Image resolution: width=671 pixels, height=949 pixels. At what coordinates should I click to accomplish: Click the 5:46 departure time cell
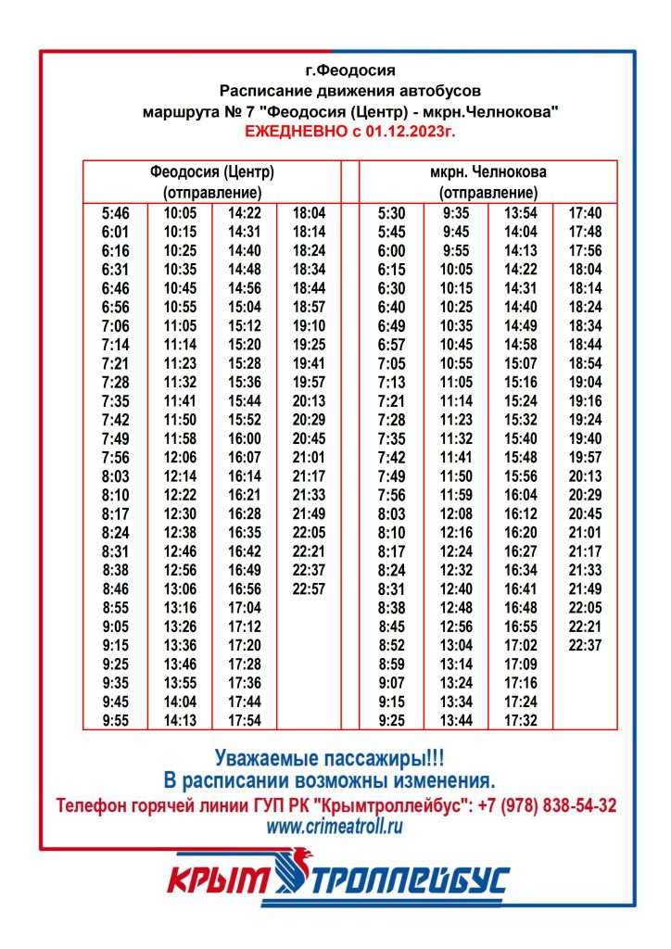click(x=115, y=213)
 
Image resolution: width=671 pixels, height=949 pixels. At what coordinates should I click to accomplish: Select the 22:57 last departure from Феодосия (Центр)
click(x=309, y=588)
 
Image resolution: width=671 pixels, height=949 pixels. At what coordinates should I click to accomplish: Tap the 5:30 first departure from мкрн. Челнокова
click(x=391, y=213)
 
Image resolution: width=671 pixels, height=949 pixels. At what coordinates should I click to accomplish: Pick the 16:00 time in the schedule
click(x=244, y=438)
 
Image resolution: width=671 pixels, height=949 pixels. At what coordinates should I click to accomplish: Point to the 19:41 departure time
click(x=309, y=363)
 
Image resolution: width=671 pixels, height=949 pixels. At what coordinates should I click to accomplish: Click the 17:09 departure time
click(x=521, y=664)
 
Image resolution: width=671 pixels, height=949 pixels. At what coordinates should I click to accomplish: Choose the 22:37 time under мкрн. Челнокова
click(x=585, y=645)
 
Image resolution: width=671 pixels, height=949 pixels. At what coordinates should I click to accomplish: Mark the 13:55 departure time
click(x=180, y=682)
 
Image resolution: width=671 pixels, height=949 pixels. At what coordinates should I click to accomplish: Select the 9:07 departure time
click(x=391, y=682)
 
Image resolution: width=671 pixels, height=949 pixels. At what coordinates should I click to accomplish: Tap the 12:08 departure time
click(x=456, y=513)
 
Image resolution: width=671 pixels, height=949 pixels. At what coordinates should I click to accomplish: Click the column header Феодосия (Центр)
click(x=212, y=172)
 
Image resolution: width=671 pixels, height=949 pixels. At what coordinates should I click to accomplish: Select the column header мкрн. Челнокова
click(x=487, y=172)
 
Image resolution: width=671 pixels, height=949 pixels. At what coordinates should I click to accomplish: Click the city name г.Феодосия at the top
click(x=349, y=70)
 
